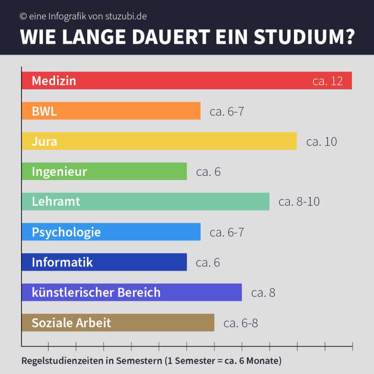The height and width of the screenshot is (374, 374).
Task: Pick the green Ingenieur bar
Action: [x=104, y=171]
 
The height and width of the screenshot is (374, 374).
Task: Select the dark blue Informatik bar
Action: [x=104, y=262]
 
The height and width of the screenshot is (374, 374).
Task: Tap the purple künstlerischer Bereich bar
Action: [x=131, y=293]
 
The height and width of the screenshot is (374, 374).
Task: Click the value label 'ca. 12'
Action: [x=328, y=81]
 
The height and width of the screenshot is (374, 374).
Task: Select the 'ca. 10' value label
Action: [x=321, y=142]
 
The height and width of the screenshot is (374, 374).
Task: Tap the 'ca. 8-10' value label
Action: [x=299, y=202]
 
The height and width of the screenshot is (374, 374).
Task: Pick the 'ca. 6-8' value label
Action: [x=241, y=323]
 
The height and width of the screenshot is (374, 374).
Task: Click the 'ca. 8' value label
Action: [x=263, y=293]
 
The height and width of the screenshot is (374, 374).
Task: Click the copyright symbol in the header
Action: [x=23, y=16]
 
